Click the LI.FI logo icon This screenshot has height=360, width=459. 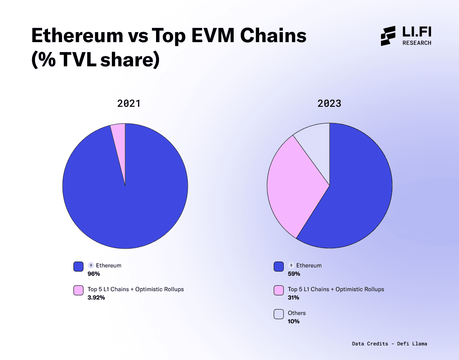(x=388, y=36)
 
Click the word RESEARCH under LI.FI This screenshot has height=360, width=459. (x=417, y=43)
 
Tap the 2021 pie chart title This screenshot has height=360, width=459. (x=129, y=103)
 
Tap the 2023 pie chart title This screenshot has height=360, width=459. (x=329, y=103)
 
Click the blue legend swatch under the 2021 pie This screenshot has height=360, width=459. (x=78, y=267)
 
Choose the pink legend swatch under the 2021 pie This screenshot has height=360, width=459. (x=78, y=290)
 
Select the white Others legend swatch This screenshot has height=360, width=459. (x=279, y=314)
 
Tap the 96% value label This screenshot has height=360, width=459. (x=94, y=274)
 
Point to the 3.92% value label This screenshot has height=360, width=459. (x=96, y=298)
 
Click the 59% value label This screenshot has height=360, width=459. (x=294, y=274)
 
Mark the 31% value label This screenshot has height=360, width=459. (x=293, y=298)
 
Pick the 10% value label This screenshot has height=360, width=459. (x=293, y=322)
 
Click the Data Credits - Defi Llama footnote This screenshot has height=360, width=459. (x=389, y=344)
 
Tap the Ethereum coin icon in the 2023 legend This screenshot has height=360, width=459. (x=291, y=265)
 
